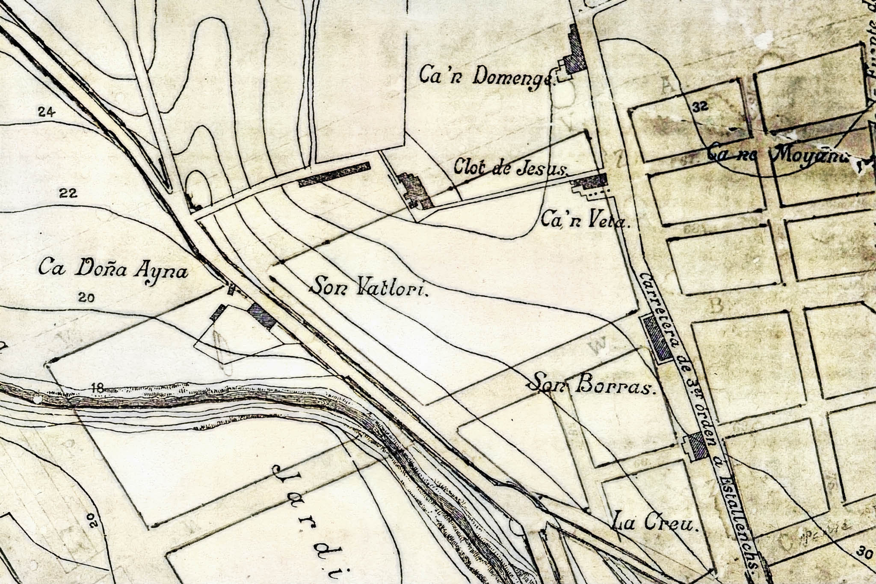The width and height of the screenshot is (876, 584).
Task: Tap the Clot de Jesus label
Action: pyautogui.click(x=511, y=167)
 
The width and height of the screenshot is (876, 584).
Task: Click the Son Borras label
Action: pyautogui.click(x=592, y=385)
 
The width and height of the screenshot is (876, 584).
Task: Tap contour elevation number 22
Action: pyautogui.click(x=68, y=193)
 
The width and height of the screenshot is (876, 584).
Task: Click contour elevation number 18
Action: pyautogui.click(x=98, y=388)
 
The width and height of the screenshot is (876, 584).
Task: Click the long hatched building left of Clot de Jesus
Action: pyautogui.click(x=334, y=174)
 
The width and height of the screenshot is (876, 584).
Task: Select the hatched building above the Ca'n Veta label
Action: pyautogui.click(x=590, y=182)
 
